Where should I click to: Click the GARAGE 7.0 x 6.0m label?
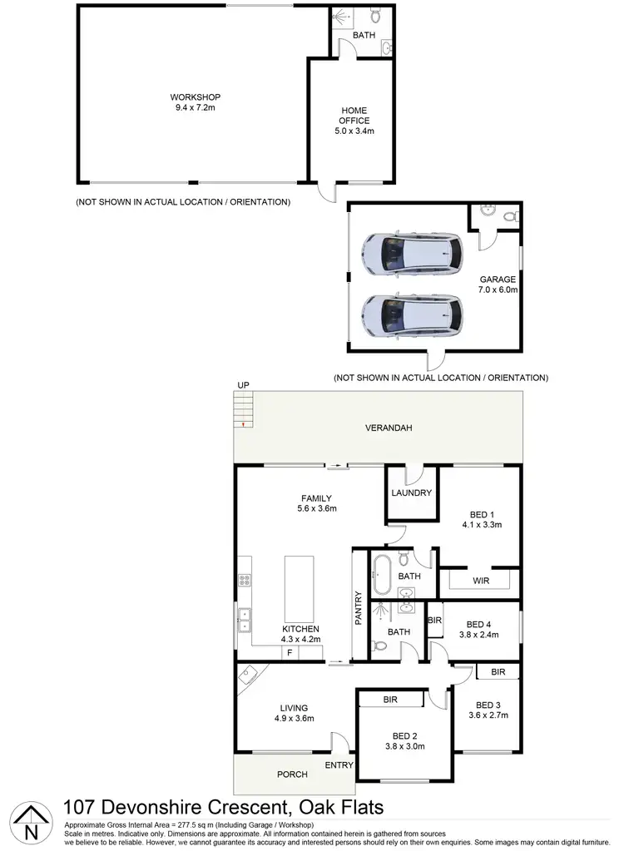tap(498, 285)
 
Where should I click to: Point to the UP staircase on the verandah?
tap(243, 410)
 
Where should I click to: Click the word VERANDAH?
tap(389, 428)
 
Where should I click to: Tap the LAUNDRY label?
tap(411, 492)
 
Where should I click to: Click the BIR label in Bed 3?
tap(498, 671)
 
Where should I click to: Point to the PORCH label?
tap(292, 774)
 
